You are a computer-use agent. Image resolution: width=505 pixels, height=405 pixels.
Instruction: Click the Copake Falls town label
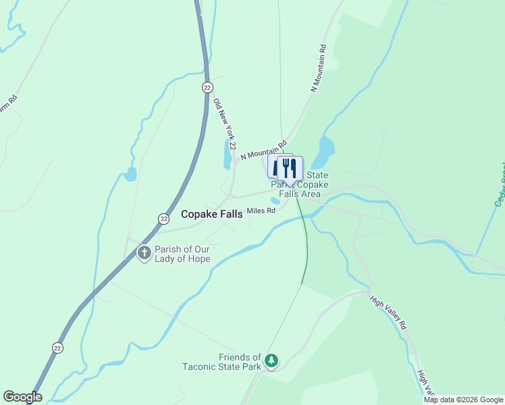click(x=212, y=213)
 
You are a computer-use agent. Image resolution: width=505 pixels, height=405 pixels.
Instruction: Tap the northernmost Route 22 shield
click(x=207, y=88)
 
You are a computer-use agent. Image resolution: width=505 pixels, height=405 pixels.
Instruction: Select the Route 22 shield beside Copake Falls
click(x=163, y=218)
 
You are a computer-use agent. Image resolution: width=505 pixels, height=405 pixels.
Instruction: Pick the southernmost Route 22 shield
click(x=58, y=347)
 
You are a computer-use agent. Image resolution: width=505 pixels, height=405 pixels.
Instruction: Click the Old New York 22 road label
click(x=224, y=125)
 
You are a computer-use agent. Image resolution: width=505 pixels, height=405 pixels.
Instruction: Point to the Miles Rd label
click(x=261, y=211)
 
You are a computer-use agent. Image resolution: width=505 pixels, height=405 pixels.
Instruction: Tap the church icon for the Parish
click(x=144, y=253)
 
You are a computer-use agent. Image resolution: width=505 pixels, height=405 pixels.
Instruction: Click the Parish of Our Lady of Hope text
click(x=182, y=254)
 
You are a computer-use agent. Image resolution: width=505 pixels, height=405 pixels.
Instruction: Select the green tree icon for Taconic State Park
click(x=271, y=361)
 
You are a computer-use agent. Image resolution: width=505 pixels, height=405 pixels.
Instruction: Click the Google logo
click(x=22, y=397)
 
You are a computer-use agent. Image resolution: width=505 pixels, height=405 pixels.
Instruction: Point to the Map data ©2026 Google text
click(x=463, y=400)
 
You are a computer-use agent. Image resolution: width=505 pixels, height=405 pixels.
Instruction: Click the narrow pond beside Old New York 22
click(x=228, y=155)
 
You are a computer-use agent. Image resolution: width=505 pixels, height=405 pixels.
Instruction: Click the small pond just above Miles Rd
click(x=275, y=200)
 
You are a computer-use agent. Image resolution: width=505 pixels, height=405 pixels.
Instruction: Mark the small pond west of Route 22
click(x=129, y=176)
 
